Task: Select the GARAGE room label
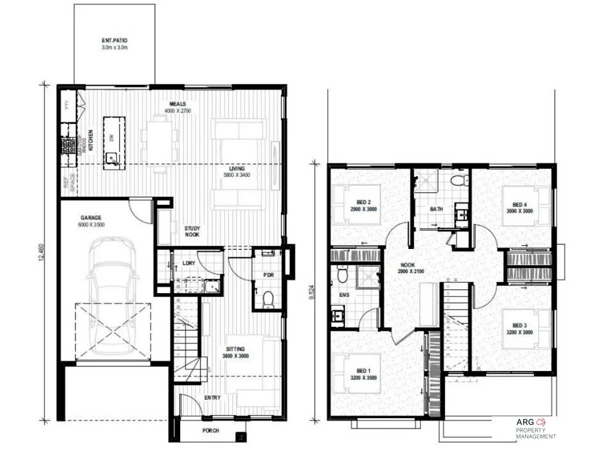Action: [x=93, y=221]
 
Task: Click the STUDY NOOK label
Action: [x=193, y=231]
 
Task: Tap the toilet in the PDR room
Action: [x=268, y=298]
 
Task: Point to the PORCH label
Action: [x=211, y=431]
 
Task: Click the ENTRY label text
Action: [x=212, y=398]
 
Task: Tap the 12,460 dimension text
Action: [x=42, y=251]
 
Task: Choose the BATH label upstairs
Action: [x=436, y=209]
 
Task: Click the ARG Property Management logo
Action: [x=535, y=428]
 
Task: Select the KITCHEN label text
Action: [x=91, y=140]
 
